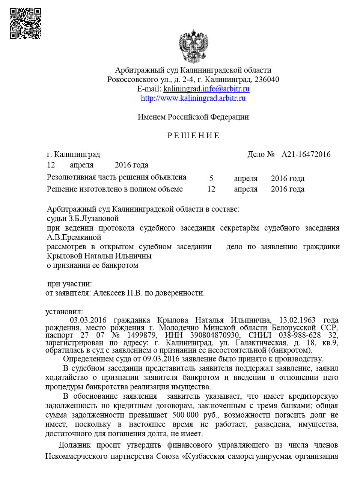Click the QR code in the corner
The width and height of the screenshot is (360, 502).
point(25,24)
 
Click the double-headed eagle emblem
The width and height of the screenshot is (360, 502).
point(193,47)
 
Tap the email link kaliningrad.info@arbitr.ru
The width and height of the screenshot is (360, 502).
point(206,89)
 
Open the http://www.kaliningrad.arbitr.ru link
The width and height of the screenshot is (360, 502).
point(193,98)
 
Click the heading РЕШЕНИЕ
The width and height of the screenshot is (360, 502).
point(193,136)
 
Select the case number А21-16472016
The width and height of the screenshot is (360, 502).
point(306,154)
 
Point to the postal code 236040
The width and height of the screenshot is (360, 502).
point(267,80)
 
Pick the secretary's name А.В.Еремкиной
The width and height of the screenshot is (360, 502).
point(74,237)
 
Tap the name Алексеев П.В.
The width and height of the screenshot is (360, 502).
point(117,293)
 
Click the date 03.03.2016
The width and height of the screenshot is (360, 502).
point(88,320)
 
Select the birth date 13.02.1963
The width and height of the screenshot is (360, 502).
point(297,320)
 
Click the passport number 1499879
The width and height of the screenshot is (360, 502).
point(142,335)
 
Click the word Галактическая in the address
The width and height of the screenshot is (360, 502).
point(261,342)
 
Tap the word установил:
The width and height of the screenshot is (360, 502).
point(64,312)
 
